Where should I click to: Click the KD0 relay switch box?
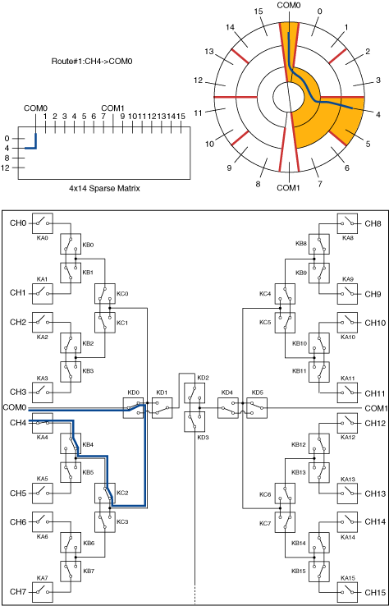(x=133, y=408)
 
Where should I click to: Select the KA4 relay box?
(x=43, y=423)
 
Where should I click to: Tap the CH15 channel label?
(x=375, y=593)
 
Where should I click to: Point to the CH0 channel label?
(x=18, y=223)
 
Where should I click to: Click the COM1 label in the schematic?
(x=375, y=408)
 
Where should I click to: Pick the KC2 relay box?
(x=105, y=493)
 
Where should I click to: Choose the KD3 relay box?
(x=194, y=421)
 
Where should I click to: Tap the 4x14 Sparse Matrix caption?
(x=104, y=189)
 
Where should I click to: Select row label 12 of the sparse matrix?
(x=5, y=168)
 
